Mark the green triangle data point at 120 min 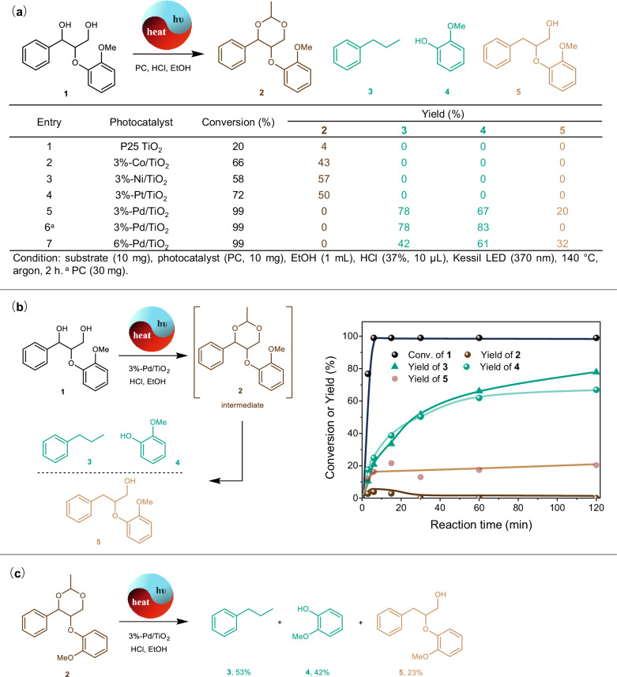[x=596, y=371]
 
